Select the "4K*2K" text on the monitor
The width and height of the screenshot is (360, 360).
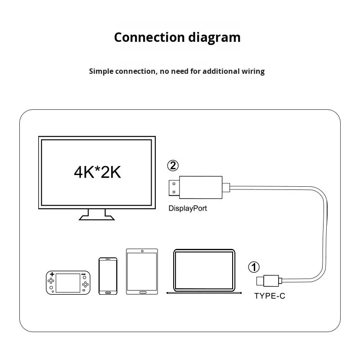[x=98, y=171]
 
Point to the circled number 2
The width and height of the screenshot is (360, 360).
[x=172, y=166]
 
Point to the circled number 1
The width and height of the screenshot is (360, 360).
[x=254, y=267]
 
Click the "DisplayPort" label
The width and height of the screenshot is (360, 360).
[x=188, y=208]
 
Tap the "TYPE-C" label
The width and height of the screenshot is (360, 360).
[x=270, y=296]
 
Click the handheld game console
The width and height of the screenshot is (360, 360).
[x=67, y=282]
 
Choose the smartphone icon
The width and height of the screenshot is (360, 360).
[x=108, y=276]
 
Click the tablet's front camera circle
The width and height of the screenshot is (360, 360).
[x=142, y=251]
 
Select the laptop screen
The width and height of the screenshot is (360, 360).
[x=204, y=270]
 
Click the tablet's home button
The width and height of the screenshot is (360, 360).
[x=142, y=292]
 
